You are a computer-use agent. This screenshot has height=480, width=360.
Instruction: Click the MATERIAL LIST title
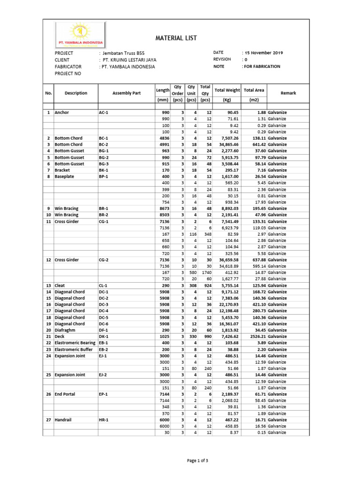coord(176,38)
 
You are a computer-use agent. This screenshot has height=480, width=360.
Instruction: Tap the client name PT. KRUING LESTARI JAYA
coord(128,60)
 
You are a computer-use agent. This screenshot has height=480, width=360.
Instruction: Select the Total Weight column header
coord(227,90)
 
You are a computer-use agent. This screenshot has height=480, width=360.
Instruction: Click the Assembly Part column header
coord(127,93)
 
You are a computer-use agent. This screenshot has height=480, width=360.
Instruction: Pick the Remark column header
coord(288,93)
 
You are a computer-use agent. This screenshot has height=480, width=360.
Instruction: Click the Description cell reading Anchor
coord(62,113)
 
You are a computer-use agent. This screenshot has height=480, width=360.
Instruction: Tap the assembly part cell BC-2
coord(104,145)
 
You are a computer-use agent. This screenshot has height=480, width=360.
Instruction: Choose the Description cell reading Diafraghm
coord(69,330)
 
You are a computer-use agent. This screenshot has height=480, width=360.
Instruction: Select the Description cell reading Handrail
coord(64,420)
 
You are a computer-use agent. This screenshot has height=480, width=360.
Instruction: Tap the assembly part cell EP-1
coord(104,394)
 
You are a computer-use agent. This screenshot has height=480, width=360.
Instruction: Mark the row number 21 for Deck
coord(48,337)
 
